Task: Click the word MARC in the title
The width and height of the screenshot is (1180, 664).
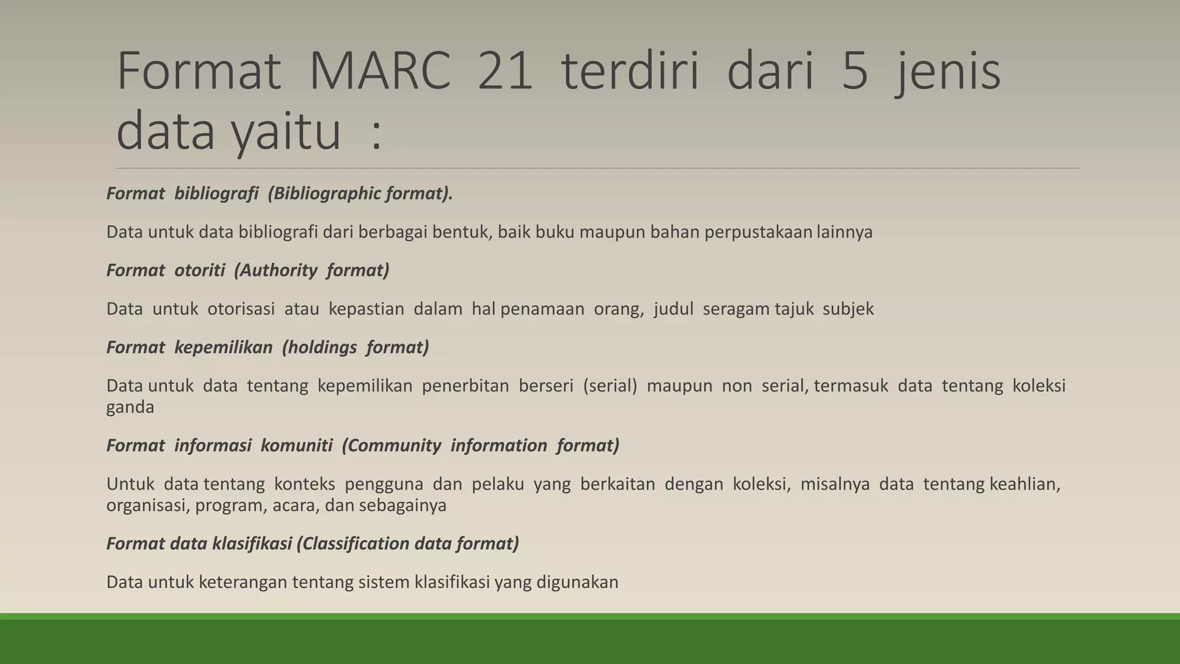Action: [x=380, y=72]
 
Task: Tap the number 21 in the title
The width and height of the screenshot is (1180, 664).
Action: [x=505, y=72]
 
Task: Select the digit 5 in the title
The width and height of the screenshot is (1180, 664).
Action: [x=855, y=72]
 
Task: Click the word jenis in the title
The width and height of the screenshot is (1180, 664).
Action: [x=948, y=72]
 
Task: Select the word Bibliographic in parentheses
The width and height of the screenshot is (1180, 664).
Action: [x=324, y=194]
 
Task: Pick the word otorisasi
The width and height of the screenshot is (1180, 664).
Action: [x=241, y=309]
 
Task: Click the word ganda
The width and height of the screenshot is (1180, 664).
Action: [x=130, y=408]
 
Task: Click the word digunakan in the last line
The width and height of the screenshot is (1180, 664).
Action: [x=577, y=582]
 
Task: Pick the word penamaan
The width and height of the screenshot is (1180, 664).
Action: [x=538, y=309]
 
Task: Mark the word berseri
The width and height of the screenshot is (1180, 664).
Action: [x=546, y=386]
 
